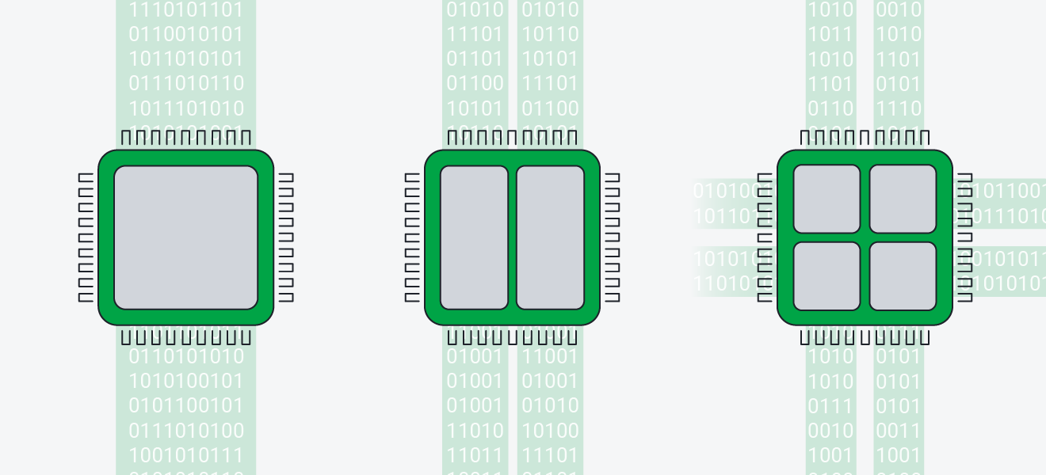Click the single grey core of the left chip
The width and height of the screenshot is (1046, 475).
click(185, 237)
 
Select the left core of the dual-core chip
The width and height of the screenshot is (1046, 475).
click(474, 237)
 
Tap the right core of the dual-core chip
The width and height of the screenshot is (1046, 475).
click(550, 237)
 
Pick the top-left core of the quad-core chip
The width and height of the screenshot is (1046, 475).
click(826, 199)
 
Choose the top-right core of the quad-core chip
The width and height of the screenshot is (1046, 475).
click(903, 199)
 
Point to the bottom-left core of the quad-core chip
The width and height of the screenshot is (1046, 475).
click(826, 275)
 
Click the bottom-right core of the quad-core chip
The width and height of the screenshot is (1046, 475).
click(903, 275)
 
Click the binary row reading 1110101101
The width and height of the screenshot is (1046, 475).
click(186, 10)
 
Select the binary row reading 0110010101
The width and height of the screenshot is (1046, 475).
click(186, 35)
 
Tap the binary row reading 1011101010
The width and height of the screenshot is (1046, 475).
click(186, 108)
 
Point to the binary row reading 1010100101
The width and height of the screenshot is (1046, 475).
click(186, 382)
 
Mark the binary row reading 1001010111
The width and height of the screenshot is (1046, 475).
click(186, 455)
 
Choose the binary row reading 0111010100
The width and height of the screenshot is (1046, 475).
click(186, 431)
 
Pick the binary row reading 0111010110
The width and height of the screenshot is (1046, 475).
click(186, 84)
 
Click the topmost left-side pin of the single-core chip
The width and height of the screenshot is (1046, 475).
click(86, 177)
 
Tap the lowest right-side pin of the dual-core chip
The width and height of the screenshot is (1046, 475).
click(613, 297)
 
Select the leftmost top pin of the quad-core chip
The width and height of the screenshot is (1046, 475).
click(805, 138)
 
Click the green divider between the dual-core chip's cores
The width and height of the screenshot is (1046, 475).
click(512, 237)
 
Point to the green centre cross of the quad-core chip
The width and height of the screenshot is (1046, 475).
click(865, 237)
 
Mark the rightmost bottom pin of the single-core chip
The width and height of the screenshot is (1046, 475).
click(246, 337)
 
